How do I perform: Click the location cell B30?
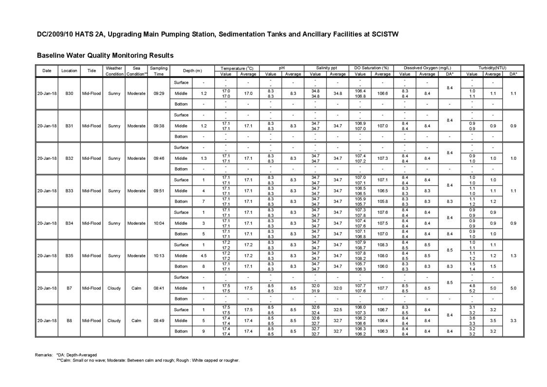pyautogui.click(x=69, y=93)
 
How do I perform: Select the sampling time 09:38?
pyautogui.click(x=158, y=126)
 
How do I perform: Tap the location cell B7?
pyautogui.click(x=69, y=288)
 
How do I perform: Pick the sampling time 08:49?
pyautogui.click(x=158, y=321)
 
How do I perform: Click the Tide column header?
pyautogui.click(x=92, y=71)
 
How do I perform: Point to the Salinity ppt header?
pyautogui.click(x=326, y=68)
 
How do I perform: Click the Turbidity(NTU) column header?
pyautogui.click(x=492, y=68)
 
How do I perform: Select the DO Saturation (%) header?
pyautogui.click(x=371, y=68)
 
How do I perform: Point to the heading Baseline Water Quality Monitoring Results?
pyautogui.click(x=105, y=56)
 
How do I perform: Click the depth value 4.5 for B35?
pyautogui.click(x=204, y=256)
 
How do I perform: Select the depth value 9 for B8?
pyautogui.click(x=204, y=331)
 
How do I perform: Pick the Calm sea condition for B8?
pyautogui.click(x=136, y=321)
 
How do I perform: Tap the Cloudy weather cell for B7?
pyautogui.click(x=114, y=288)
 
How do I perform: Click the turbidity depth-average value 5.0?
pyautogui.click(x=513, y=288)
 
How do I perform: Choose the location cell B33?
pyautogui.click(x=69, y=191)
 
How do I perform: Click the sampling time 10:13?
pyautogui.click(x=158, y=256)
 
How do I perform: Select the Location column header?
pyautogui.click(x=69, y=71)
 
